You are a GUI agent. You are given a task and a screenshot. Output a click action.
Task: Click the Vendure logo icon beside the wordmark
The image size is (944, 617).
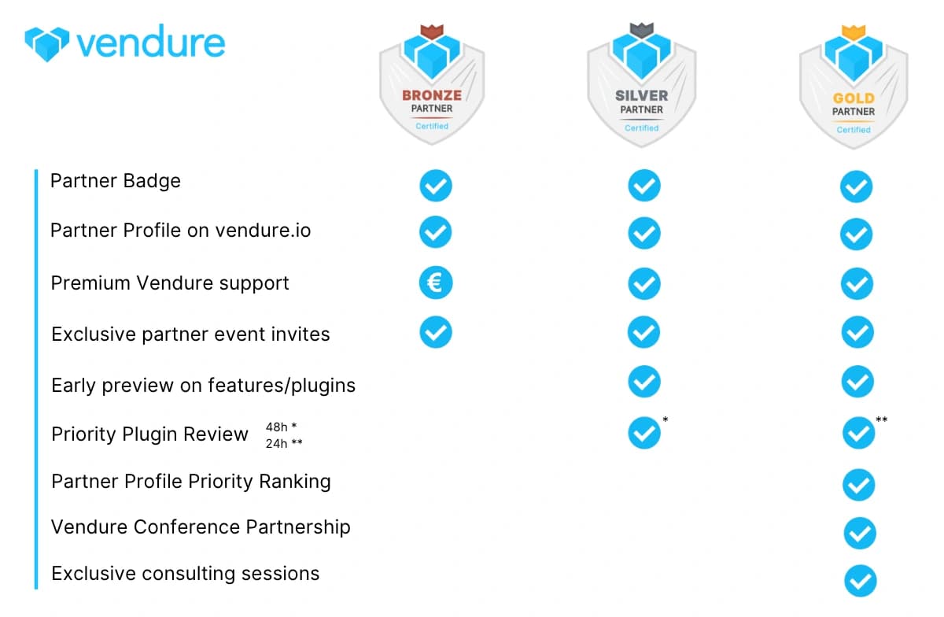pyautogui.click(x=46, y=44)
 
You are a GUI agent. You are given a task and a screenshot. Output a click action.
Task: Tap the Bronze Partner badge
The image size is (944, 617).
pyautogui.click(x=432, y=85)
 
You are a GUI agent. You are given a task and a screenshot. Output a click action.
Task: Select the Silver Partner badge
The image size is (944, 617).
pyautogui.click(x=641, y=85)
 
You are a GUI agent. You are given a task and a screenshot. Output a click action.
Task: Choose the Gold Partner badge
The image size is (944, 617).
pyautogui.click(x=854, y=87)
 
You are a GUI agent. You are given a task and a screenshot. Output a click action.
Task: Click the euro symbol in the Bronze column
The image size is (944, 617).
pyautogui.click(x=436, y=283)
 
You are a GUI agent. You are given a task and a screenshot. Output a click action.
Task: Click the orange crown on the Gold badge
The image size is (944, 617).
pyautogui.click(x=854, y=32)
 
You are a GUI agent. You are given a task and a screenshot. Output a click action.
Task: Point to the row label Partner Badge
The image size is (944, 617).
pyautogui.click(x=116, y=181)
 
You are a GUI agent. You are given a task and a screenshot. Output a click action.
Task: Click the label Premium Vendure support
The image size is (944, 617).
pyautogui.click(x=170, y=283)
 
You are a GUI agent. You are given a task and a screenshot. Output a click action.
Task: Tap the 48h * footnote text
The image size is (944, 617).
pyautogui.click(x=281, y=427)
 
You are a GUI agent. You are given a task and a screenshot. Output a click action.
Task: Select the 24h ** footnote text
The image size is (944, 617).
pyautogui.click(x=284, y=443)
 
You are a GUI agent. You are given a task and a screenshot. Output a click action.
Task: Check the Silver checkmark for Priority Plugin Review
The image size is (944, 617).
pyautogui.click(x=644, y=433)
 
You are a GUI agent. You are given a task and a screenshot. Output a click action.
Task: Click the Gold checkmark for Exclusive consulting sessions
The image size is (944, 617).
pyautogui.click(x=860, y=581)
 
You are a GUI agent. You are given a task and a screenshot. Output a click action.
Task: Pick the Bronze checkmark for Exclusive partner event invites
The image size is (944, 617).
pyautogui.click(x=436, y=332)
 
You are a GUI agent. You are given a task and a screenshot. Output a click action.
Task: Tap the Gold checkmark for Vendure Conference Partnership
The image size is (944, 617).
pyautogui.click(x=860, y=533)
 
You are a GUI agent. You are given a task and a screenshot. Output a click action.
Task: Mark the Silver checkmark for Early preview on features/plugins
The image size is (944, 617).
pyautogui.click(x=644, y=381)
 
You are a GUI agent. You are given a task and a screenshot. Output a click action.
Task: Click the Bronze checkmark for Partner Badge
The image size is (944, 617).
pyautogui.click(x=436, y=186)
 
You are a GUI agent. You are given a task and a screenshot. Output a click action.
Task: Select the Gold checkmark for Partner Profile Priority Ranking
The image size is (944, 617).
pyautogui.click(x=858, y=485)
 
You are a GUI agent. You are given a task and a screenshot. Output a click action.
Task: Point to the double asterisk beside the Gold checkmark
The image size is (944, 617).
pyautogui.click(x=882, y=419)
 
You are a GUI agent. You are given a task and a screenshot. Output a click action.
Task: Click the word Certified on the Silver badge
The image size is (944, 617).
pyautogui.click(x=641, y=127)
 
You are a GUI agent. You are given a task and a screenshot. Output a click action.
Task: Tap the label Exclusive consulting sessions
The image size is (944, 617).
pyautogui.click(x=186, y=574)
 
